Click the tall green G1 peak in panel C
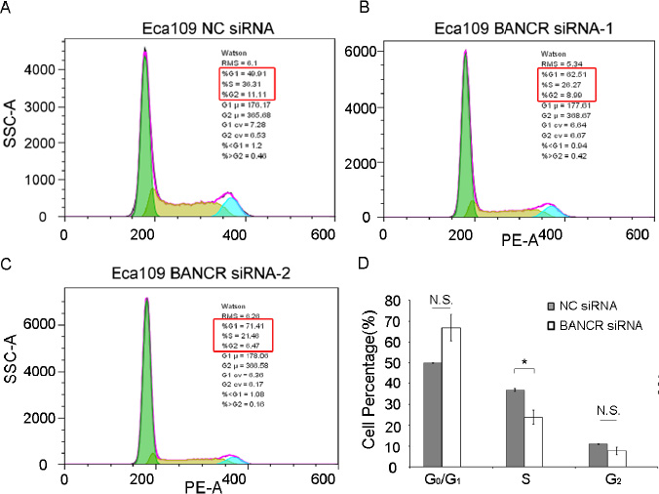coord(146,391)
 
